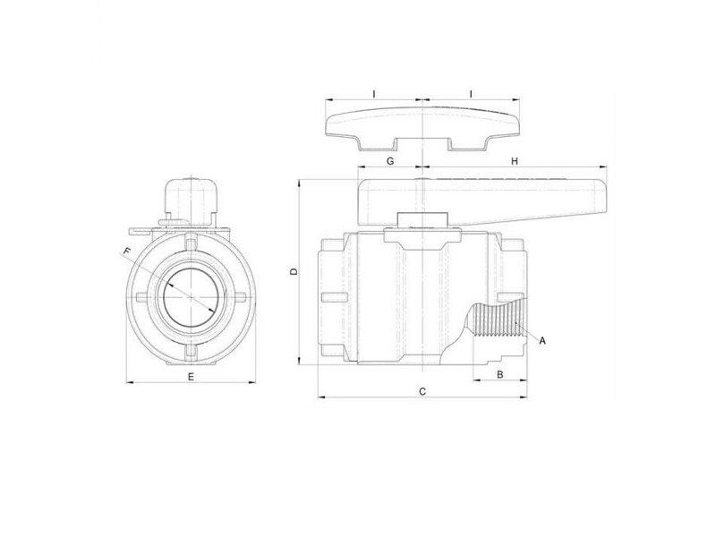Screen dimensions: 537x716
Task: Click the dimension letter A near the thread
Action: pos(543,341)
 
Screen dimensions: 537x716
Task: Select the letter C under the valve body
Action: pos(422,391)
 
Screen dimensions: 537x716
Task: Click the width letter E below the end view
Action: pos(190,378)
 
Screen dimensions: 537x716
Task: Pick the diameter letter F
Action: pos(127,250)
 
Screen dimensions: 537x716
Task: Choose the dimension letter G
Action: pos(389,161)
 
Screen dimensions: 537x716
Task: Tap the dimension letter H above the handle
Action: pos(514,161)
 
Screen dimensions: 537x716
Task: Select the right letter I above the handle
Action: pos(472,93)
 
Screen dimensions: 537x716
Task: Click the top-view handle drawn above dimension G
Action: pos(422,124)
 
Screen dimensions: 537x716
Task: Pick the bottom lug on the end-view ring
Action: pos(190,351)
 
